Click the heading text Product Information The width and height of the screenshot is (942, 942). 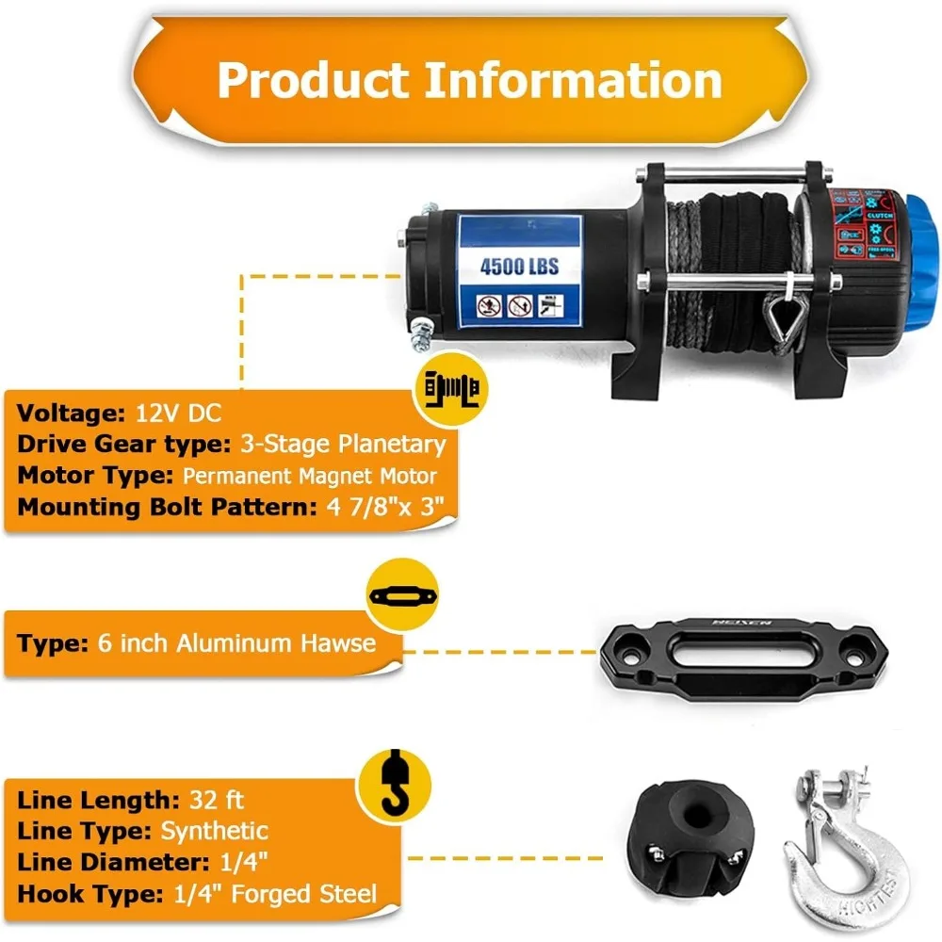[x=469, y=80]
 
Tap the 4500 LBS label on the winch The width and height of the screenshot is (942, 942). [x=519, y=266]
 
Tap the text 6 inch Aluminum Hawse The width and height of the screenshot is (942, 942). [x=236, y=643]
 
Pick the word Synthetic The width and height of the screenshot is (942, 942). [x=214, y=831]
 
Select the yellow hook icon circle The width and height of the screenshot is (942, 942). [x=388, y=785]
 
